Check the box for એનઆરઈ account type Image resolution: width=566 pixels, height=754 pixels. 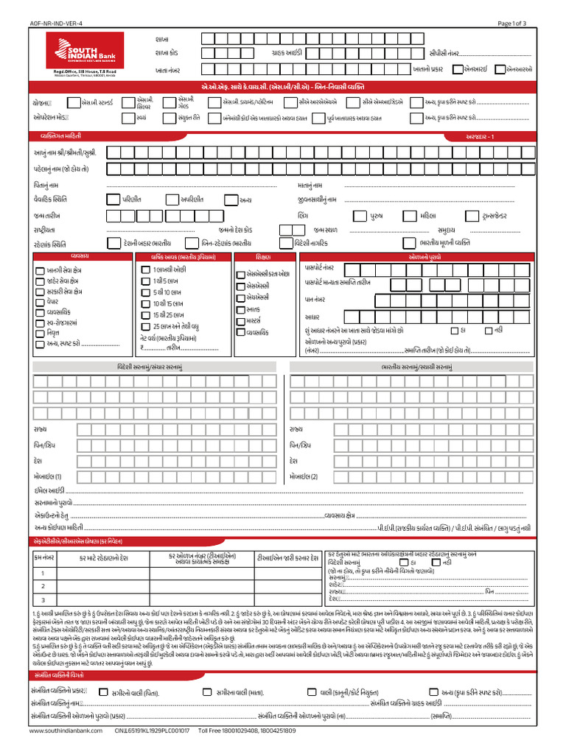click(458, 69)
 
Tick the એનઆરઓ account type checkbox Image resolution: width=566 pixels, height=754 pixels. click(500, 69)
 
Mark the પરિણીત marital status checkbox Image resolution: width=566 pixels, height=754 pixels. click(112, 199)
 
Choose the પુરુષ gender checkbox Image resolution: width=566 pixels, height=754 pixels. click(359, 216)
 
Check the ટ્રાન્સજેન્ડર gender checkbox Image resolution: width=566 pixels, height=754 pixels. click(471, 216)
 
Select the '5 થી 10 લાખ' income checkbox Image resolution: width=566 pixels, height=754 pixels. click(146, 292)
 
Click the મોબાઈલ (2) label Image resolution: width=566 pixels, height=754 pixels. click(304, 476)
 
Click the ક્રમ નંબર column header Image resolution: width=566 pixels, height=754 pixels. click(43, 557)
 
